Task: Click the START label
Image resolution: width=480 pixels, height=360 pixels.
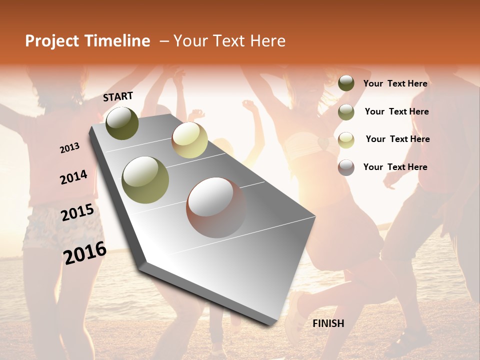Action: pos(118,96)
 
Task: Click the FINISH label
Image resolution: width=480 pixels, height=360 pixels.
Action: pos(328,323)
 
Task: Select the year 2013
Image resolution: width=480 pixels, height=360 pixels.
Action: pos(69,148)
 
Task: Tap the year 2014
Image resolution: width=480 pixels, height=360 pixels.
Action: pos(73,177)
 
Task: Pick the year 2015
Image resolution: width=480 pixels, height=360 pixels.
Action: pos(77,212)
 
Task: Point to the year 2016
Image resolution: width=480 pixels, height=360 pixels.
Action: pos(85,253)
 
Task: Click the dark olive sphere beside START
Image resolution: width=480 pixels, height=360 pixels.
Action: pos(122,123)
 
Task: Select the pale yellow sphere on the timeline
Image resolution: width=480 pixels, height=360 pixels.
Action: pos(189,140)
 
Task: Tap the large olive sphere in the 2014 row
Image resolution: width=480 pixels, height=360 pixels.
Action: pos(145,179)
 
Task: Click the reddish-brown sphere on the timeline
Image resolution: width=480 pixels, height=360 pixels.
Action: pos(216,207)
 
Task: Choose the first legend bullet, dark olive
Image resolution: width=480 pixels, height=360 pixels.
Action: pos(346,83)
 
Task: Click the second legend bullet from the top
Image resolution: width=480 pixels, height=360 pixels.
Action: pos(346,112)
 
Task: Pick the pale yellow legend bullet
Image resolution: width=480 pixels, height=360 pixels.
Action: pos(346,139)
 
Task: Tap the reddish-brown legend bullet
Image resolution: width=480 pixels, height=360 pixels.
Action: pos(346,167)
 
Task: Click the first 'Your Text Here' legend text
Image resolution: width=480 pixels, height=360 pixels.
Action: pos(395,83)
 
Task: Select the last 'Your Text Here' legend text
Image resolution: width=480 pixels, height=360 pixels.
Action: pos(395,167)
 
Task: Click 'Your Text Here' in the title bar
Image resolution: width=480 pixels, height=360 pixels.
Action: pos(229,41)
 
